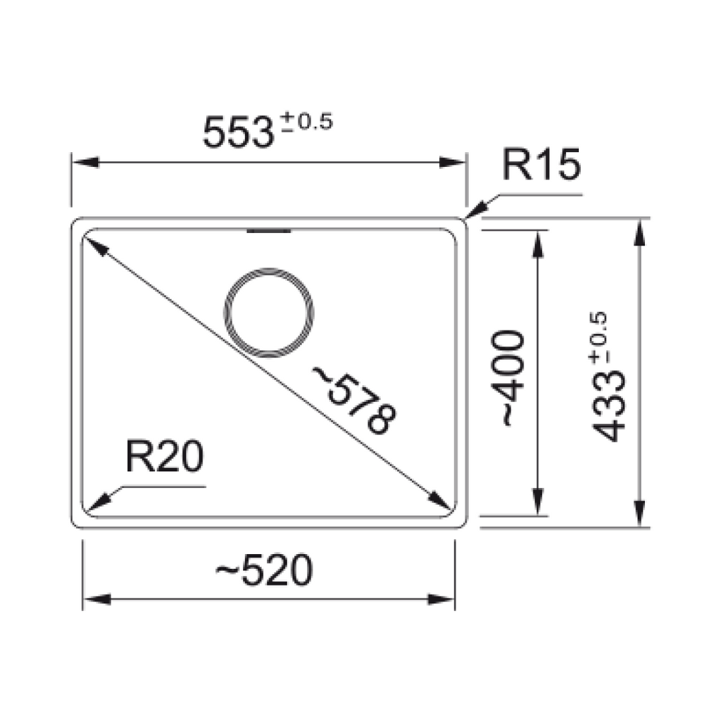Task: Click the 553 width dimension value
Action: (237, 133)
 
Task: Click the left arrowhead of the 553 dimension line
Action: (83, 163)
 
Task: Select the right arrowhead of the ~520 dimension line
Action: (444, 600)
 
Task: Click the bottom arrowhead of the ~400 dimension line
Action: (539, 502)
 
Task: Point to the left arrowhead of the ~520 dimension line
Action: (96, 600)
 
